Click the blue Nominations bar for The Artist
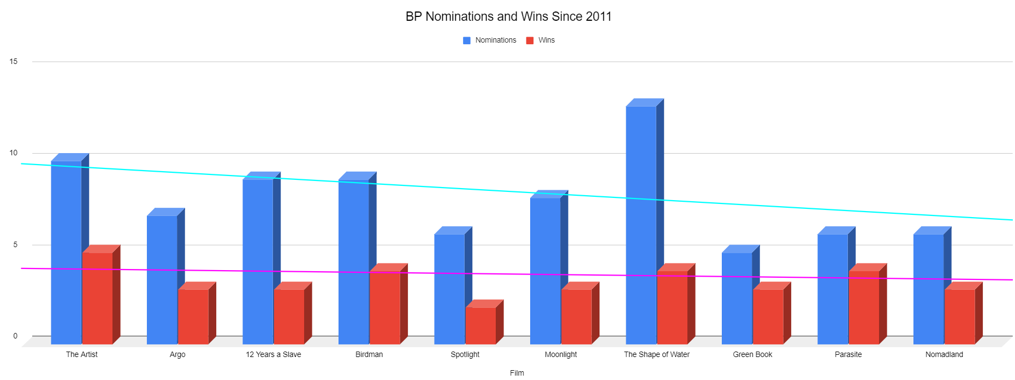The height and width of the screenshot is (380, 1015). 66,252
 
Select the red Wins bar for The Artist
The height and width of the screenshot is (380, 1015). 97,298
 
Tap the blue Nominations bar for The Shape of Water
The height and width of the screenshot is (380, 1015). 641,224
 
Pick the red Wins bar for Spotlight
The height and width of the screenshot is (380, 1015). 480,325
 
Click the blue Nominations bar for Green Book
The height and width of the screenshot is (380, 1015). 737,298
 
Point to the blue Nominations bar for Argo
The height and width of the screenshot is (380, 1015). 162,279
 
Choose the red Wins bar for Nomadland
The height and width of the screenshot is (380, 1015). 960,316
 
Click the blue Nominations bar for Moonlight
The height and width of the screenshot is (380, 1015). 545,271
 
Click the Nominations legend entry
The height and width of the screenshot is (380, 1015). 490,40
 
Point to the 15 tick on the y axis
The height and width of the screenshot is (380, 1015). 14,61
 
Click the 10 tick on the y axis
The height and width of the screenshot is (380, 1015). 14,153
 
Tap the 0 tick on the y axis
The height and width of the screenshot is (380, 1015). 15,336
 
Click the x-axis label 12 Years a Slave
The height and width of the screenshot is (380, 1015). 274,354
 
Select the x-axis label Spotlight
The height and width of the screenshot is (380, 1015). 465,354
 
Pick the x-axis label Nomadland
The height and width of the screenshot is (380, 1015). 944,354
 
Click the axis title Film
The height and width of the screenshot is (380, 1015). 517,373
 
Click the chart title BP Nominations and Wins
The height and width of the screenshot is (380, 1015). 508,16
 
